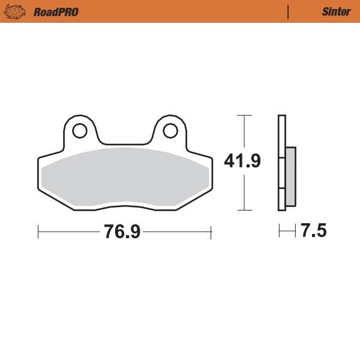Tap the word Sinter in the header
pos(332,11)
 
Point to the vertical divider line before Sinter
pos(289,11)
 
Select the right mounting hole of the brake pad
pos(169,130)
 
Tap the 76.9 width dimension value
pos(122,232)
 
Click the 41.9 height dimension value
pos(242,161)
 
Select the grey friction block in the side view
pos(290,176)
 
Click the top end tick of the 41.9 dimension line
pos(243,115)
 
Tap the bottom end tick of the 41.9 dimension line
pos(243,210)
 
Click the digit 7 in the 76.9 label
pos(110,232)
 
